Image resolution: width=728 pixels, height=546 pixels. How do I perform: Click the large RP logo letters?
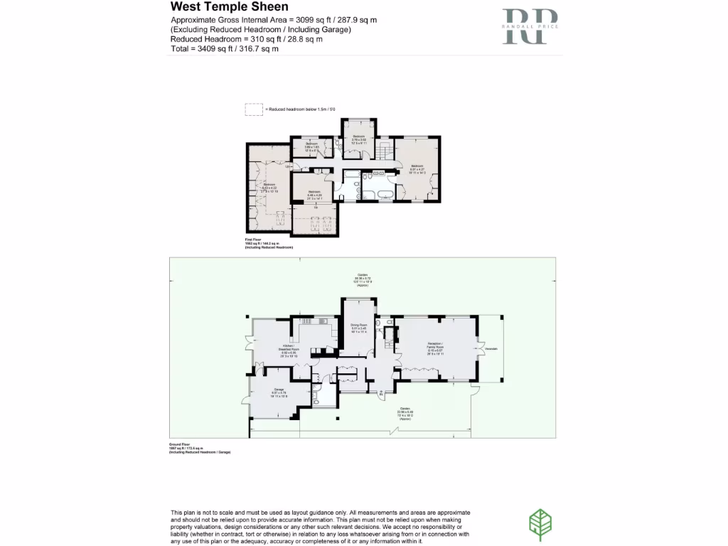pos(530,27)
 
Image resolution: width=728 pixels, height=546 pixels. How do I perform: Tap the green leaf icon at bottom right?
pos(540,525)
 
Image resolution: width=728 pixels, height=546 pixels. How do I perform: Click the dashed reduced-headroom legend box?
pos(253,109)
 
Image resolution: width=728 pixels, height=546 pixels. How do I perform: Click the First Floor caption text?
pos(255,240)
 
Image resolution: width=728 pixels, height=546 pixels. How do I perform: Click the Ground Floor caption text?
pos(180,445)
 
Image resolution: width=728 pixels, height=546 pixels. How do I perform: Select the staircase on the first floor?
pos(384,151)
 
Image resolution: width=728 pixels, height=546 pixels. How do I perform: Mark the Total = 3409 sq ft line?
pos(225,49)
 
